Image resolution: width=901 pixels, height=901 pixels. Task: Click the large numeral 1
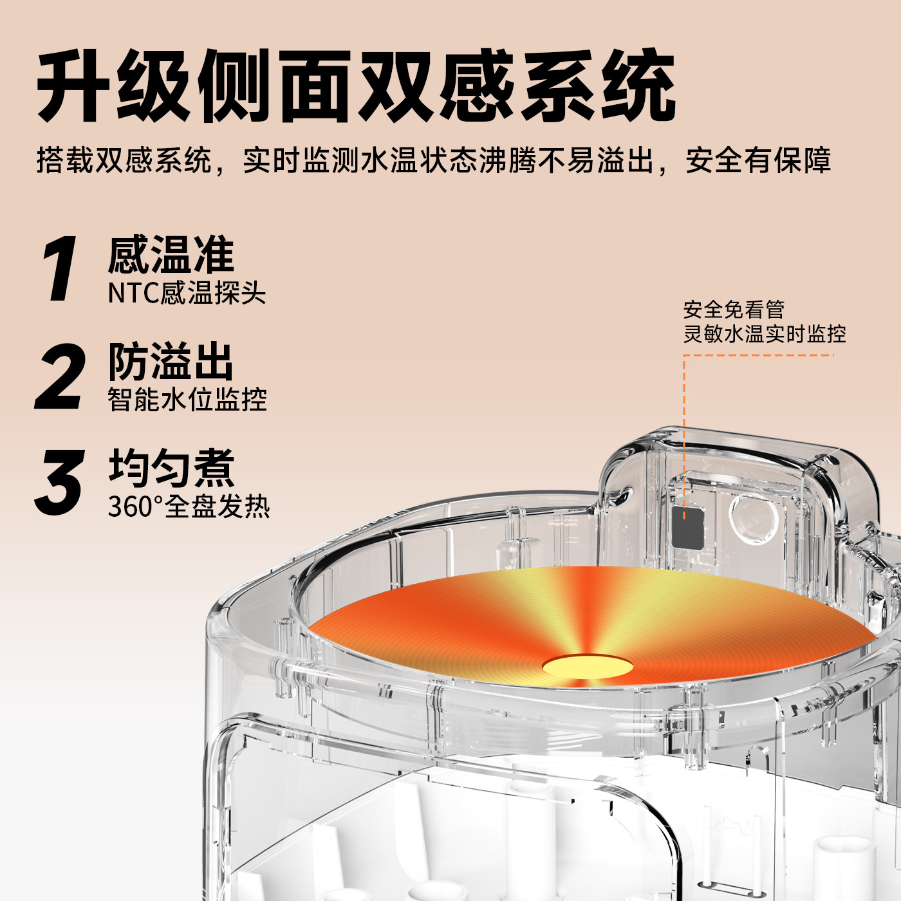click(60, 269)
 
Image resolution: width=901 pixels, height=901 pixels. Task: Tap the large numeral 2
click(60, 376)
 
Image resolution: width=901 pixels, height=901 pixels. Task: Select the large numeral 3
click(59, 483)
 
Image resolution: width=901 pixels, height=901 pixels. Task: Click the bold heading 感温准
click(171, 255)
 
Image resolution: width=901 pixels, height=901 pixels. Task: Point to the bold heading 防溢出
click(171, 362)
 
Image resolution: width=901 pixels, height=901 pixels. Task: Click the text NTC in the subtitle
click(133, 293)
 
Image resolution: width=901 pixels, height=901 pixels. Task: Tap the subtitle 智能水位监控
click(187, 400)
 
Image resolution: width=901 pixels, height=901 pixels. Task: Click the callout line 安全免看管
click(734, 310)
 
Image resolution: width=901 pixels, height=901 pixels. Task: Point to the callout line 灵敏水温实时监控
click(765, 334)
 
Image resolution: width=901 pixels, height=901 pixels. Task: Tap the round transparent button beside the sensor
click(754, 519)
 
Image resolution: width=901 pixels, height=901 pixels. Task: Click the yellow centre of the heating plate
click(587, 667)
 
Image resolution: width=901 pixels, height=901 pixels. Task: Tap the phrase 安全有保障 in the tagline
click(758, 160)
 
